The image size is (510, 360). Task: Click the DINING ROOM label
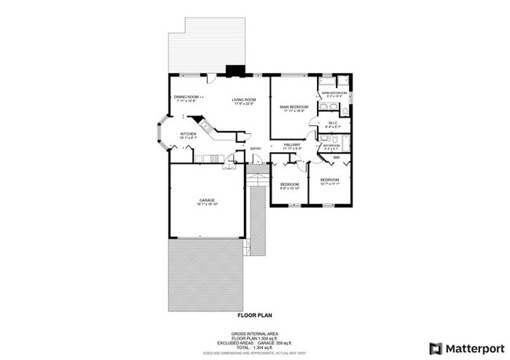(184, 96)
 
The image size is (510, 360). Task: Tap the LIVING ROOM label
(243, 100)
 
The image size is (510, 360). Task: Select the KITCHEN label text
(188, 134)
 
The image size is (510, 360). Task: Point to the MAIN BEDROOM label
(293, 107)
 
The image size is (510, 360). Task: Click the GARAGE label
(207, 201)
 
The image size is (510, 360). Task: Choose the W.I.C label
(333, 122)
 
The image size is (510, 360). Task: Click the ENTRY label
(255, 149)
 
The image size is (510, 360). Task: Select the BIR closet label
(336, 158)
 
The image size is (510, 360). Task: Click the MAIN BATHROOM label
(333, 93)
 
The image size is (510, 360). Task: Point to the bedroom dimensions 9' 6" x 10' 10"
(290, 189)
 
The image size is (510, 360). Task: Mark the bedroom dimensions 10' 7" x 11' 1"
(330, 184)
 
